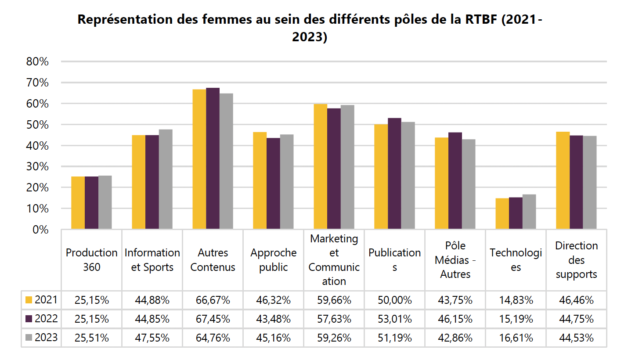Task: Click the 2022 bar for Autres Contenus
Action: [x=213, y=158]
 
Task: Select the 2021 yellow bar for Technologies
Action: [x=502, y=214]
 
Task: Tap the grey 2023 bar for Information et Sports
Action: [x=166, y=180]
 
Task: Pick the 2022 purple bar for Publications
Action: [x=394, y=173]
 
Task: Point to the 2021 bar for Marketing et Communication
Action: [x=320, y=167]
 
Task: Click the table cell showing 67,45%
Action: [x=213, y=319]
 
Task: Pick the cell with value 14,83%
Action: [x=516, y=300]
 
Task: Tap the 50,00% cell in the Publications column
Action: [x=394, y=300]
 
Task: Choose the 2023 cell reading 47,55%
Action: [x=152, y=338]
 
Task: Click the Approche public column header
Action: [x=273, y=260]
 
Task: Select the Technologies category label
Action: [x=516, y=260]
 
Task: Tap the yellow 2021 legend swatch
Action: [x=29, y=300]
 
